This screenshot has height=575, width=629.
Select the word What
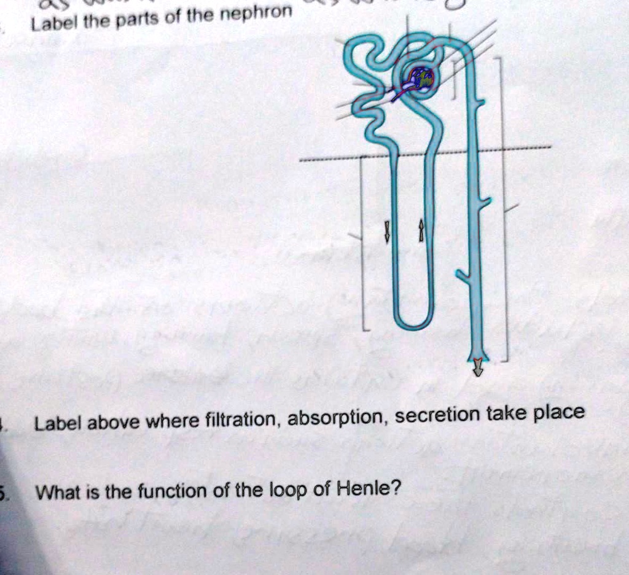57,494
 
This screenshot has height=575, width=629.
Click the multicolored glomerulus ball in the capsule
423,79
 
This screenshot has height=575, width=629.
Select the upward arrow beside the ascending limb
421,231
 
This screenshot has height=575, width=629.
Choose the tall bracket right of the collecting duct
505,209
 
